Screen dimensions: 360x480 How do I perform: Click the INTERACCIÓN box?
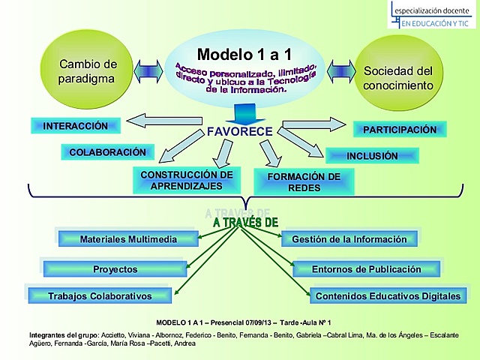pos(76,126)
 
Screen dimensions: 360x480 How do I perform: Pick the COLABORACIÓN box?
pos(107,151)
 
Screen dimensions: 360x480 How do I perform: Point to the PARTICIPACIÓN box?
pos(400,130)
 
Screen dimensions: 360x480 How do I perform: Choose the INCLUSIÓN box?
pos(372,156)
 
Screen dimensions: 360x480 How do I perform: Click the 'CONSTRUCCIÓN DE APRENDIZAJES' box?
pos(187,180)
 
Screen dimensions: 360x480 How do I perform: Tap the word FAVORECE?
pos(239,133)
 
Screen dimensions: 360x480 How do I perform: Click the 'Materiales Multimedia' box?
pos(128,239)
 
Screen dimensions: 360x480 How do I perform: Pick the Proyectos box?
pos(115,268)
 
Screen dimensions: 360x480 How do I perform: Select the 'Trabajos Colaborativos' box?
pos(100,295)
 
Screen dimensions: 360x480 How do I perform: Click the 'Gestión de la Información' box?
pos(349,239)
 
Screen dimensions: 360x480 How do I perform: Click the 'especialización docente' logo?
pos(433,15)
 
